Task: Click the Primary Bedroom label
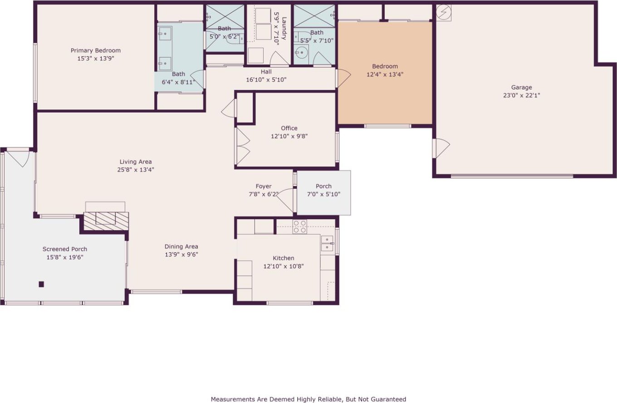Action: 96,50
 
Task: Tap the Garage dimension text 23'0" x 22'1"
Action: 521,95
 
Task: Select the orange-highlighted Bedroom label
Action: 385,66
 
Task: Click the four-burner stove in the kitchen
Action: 300,227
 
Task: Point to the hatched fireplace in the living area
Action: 106,221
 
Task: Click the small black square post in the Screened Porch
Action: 41,284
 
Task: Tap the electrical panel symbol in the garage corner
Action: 444,12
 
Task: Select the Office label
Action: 289,128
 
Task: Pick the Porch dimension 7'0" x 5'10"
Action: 323,194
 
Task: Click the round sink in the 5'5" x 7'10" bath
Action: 302,52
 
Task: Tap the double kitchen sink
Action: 327,244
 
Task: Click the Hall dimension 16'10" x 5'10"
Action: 266,80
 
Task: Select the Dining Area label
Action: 181,246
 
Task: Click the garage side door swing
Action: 441,148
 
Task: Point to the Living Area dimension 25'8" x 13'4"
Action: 136,170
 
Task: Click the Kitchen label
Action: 284,258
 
